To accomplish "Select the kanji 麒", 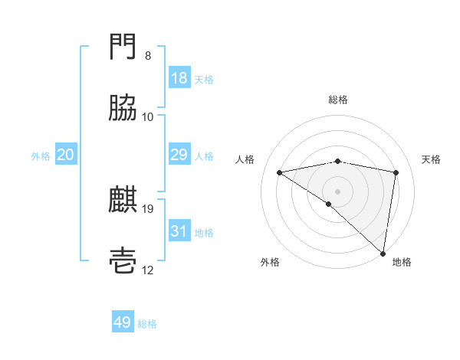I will pos(123,201).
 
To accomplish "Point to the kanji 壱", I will pos(123,261).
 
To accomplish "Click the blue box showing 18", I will pos(179,78).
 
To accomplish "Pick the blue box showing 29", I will pos(179,155).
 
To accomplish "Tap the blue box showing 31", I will pos(179,231).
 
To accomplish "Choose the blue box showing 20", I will pos(65,155).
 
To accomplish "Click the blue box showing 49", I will pos(123,322).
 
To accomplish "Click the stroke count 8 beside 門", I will pos(148,56).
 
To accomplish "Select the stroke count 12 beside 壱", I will pos(148,270).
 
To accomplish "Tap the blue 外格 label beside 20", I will pos(41,155).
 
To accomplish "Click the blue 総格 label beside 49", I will pos(147,324).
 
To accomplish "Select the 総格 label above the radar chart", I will pos(338,100).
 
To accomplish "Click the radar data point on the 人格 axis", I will pos(280,172).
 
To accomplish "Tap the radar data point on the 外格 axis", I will pos(329,204).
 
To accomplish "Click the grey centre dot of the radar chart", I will pos(338,191).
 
